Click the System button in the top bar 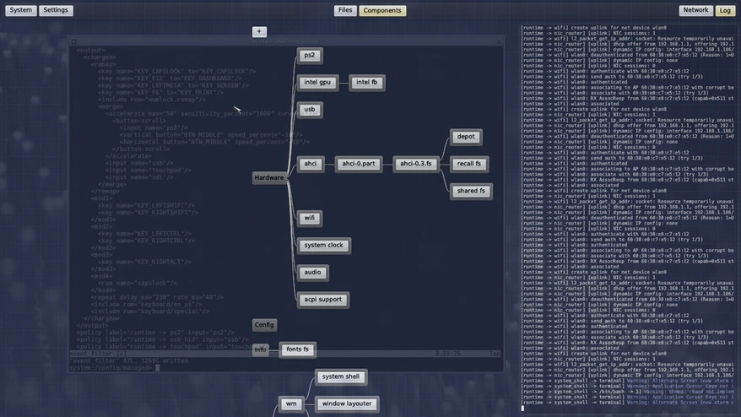tap(21, 11)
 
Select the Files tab tap(345, 11)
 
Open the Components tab tap(382, 11)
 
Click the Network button tap(695, 11)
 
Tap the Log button tap(725, 11)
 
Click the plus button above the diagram tap(259, 32)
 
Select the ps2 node tap(310, 56)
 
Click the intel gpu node tap(317, 83)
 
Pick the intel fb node tap(366, 83)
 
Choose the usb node tap(310, 110)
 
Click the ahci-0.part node tap(359, 164)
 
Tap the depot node tap(466, 137)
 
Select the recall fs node tap(468, 164)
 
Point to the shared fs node tap(471, 191)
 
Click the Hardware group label tap(269, 178)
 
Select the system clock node tap(324, 246)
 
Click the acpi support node tap(324, 300)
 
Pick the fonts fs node tap(298, 349)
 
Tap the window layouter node tap(347, 403)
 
